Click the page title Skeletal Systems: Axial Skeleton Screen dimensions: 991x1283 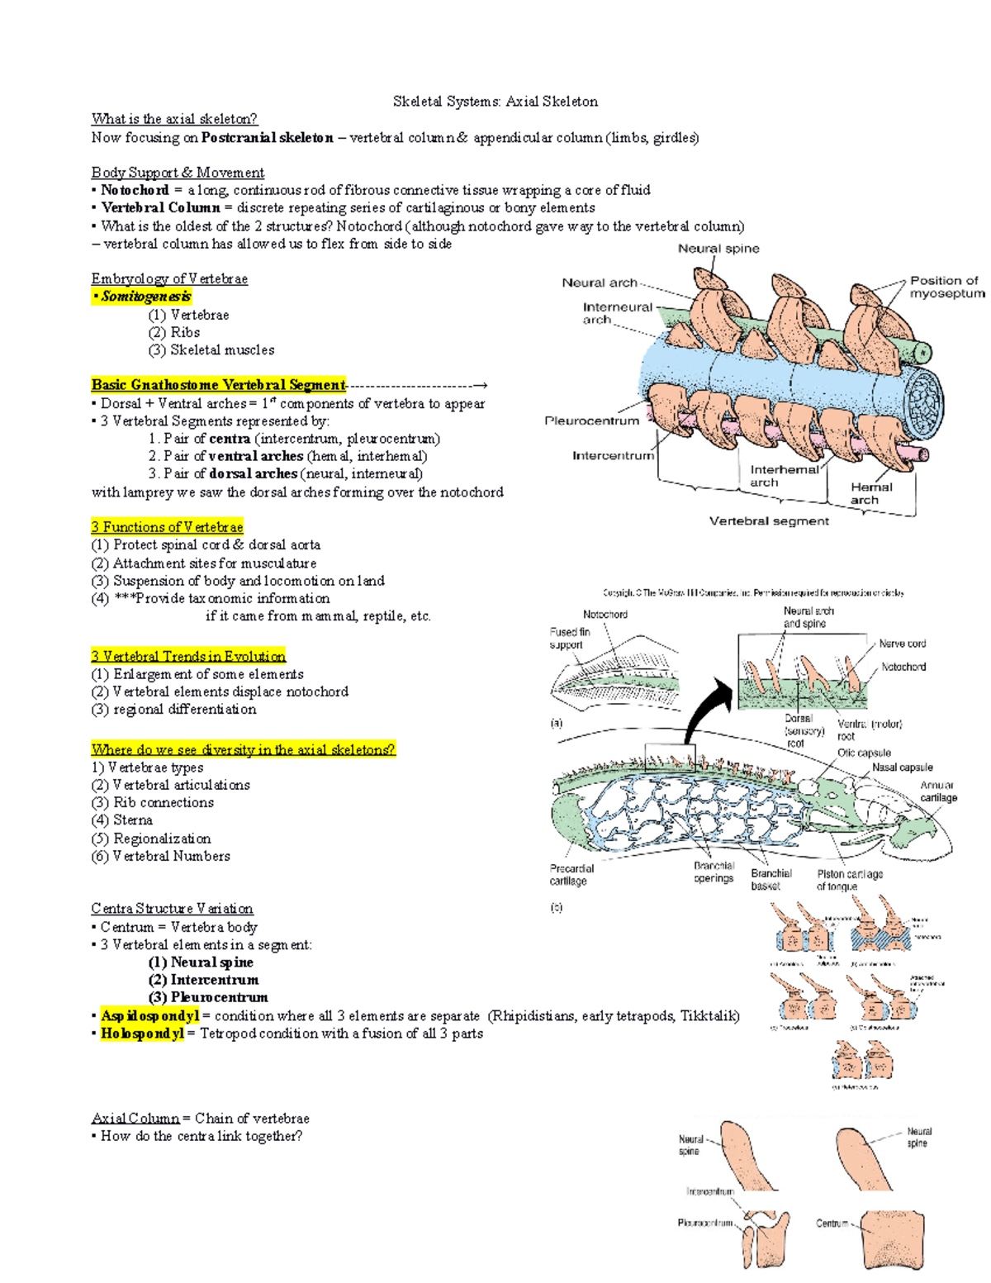click(x=495, y=102)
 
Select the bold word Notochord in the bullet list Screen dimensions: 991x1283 click(x=135, y=190)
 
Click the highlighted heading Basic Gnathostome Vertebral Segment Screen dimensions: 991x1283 click(x=218, y=385)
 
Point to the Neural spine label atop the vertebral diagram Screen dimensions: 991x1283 click(x=718, y=249)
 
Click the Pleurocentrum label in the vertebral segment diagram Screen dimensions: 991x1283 click(x=591, y=421)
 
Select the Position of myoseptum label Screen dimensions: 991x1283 click(x=946, y=287)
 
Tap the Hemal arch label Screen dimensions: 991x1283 click(x=870, y=493)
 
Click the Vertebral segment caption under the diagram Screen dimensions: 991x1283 click(x=769, y=521)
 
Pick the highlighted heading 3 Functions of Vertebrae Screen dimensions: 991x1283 click(x=167, y=527)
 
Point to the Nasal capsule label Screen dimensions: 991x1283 click(x=902, y=767)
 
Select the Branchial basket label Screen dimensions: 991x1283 click(x=771, y=879)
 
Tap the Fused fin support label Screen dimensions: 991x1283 click(x=569, y=638)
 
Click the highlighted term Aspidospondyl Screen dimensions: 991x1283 click(x=149, y=1015)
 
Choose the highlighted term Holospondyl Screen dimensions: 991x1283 click(x=142, y=1034)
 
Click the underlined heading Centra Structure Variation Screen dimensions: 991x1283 click(x=172, y=909)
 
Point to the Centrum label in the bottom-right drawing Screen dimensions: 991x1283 click(x=832, y=1223)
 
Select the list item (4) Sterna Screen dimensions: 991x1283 click(x=122, y=820)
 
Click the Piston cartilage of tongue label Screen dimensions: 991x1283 click(x=849, y=880)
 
